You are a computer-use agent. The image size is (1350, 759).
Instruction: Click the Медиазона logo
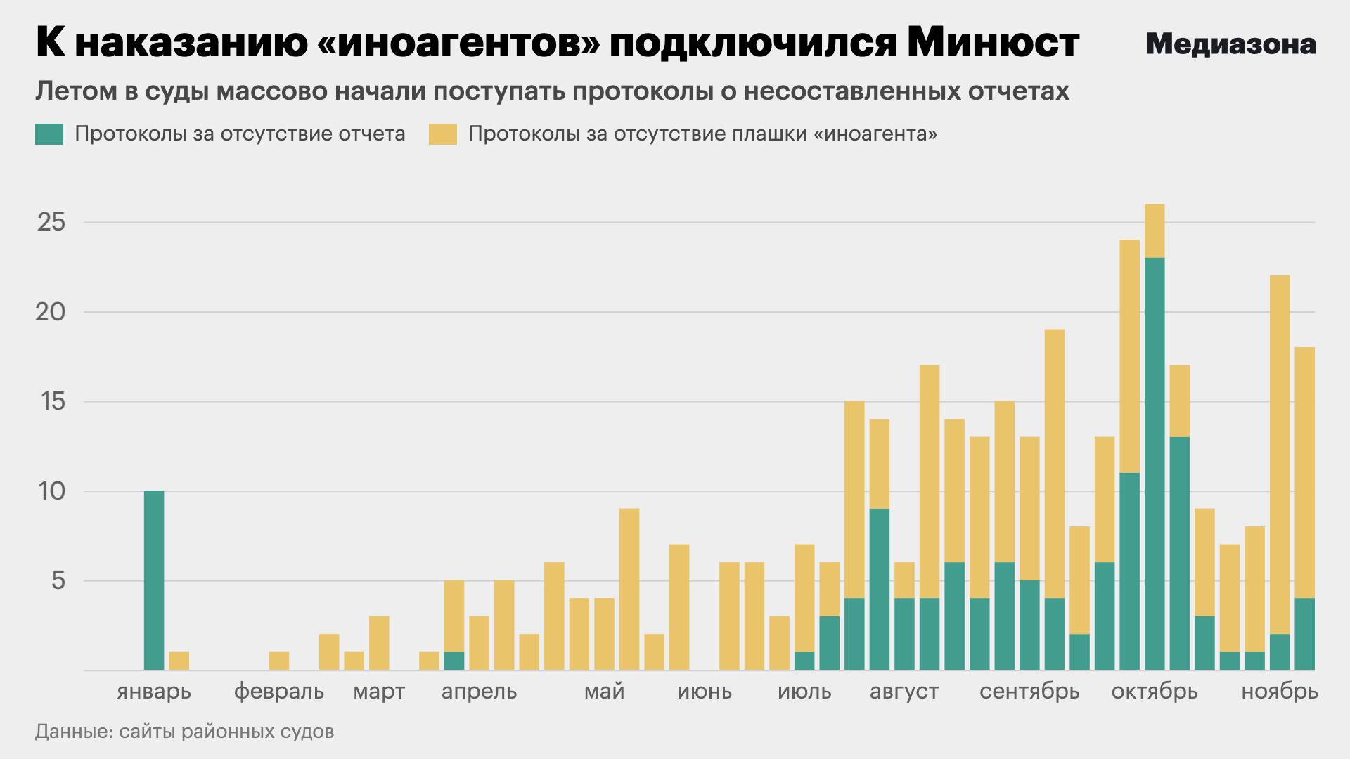click(x=1230, y=44)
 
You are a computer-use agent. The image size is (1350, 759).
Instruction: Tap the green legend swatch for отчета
click(x=49, y=134)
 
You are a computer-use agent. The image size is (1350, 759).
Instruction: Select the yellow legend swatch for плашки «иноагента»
click(x=442, y=134)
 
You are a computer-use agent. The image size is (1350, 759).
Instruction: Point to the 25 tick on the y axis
click(x=51, y=223)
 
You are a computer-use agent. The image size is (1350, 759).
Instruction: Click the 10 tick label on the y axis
click(x=51, y=491)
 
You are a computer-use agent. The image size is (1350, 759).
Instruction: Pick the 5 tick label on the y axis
click(x=58, y=580)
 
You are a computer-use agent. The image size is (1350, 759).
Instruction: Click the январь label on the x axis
click(x=154, y=692)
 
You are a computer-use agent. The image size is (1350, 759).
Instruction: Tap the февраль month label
click(x=279, y=692)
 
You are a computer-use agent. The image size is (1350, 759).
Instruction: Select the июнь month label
click(x=705, y=692)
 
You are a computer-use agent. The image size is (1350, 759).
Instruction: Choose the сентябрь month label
click(x=1029, y=692)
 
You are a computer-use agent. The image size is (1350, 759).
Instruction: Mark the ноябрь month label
click(x=1280, y=692)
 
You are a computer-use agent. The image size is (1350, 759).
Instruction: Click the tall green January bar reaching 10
click(x=154, y=580)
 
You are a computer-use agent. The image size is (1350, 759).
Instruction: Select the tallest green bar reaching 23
click(x=1155, y=464)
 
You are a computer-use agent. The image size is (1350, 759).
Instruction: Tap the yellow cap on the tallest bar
click(x=1155, y=231)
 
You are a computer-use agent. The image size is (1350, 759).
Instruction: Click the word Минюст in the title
click(x=993, y=44)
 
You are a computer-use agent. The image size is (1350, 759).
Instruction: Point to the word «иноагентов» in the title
click(x=459, y=44)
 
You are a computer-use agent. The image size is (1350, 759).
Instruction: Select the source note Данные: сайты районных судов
click(x=184, y=732)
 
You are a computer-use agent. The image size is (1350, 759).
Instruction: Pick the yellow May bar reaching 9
click(x=629, y=589)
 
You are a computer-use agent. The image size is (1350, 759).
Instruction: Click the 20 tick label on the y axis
click(x=51, y=312)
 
